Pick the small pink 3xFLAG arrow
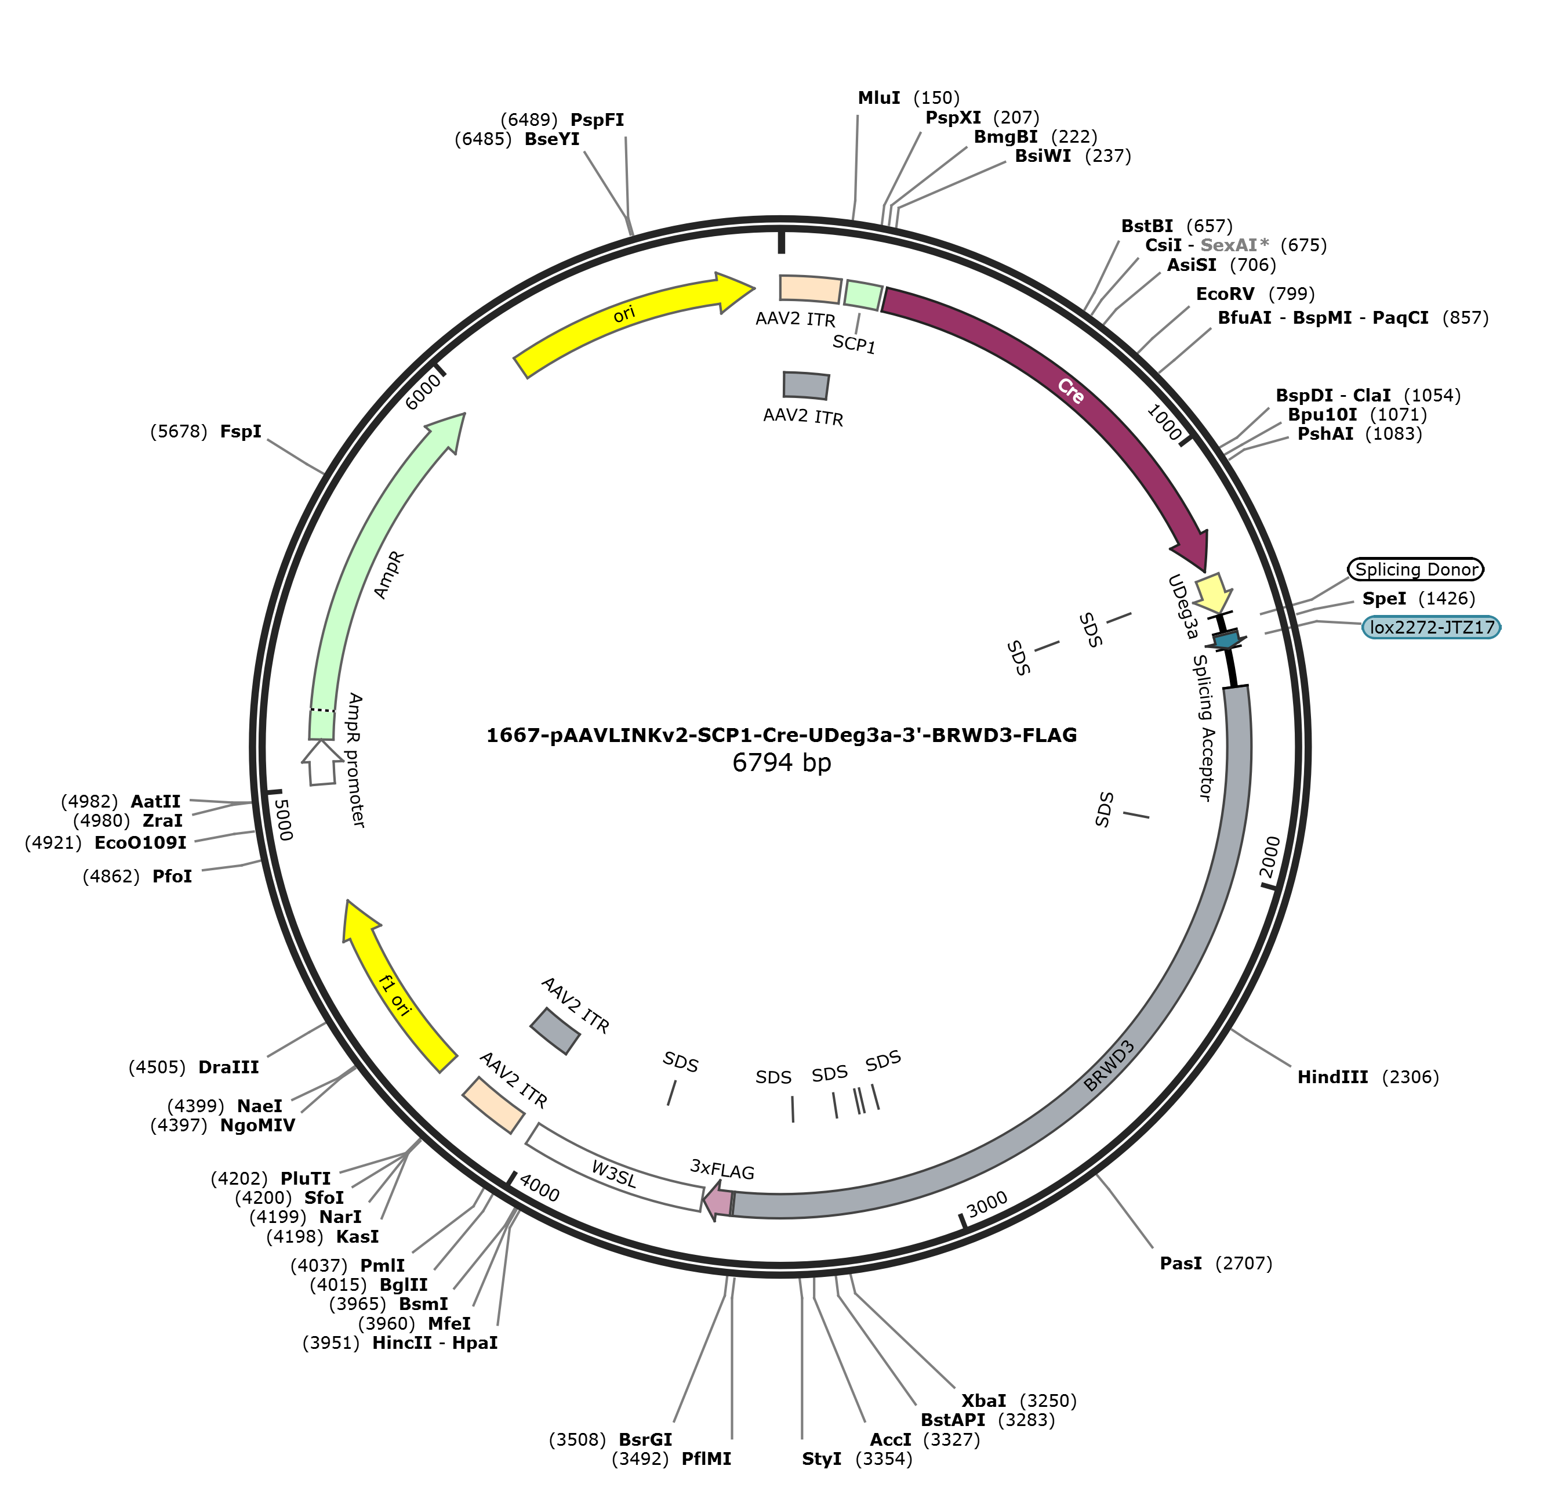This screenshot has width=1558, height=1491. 718,1201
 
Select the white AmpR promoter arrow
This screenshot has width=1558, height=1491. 321,761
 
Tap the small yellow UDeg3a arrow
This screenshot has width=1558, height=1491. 1213,593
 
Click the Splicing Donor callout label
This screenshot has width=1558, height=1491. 1415,569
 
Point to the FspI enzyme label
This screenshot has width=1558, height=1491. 241,432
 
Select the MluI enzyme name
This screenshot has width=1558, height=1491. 878,98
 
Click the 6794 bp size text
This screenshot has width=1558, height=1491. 782,763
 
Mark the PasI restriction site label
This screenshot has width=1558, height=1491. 1181,1263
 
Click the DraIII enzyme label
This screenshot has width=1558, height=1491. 229,1066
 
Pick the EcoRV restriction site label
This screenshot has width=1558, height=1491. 1225,294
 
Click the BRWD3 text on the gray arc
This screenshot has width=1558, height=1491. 1109,1065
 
